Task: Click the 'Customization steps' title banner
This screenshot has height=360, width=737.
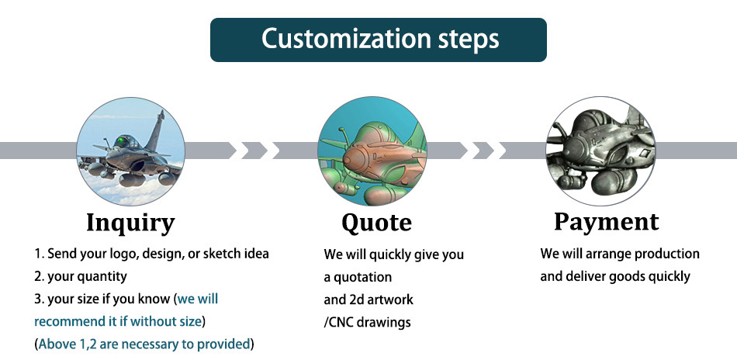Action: (379, 40)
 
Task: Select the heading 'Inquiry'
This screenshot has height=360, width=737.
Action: (130, 223)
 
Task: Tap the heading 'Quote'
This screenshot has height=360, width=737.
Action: (376, 223)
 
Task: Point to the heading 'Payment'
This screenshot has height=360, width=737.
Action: (607, 221)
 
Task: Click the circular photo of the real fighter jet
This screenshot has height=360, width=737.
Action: (130, 151)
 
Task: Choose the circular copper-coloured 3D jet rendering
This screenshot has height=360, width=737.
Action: (372, 151)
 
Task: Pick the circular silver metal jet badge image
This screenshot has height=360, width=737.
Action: (600, 151)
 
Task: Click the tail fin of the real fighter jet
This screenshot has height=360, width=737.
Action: (157, 130)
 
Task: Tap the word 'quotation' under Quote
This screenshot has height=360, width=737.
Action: (362, 277)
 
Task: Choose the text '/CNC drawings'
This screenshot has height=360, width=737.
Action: (367, 323)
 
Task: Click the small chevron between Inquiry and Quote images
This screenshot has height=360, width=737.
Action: (254, 151)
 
